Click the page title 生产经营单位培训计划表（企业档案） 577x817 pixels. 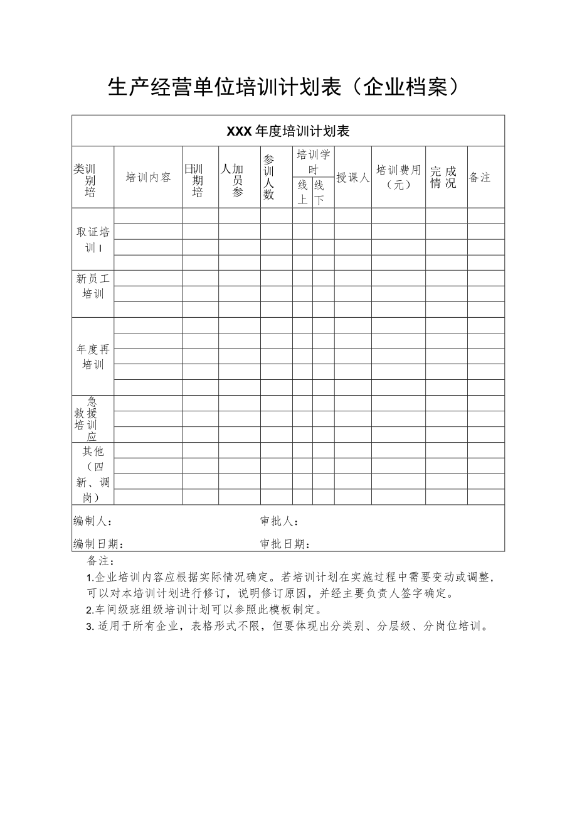(288, 87)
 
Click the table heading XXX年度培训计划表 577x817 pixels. (288, 131)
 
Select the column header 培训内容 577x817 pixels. (148, 178)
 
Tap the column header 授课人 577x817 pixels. (352, 178)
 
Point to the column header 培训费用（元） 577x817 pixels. (398, 178)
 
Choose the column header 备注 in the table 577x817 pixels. (480, 178)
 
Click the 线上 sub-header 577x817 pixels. (302, 192)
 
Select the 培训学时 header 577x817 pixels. (313, 162)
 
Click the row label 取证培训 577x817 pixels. (93, 240)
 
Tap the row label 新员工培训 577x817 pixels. (93, 286)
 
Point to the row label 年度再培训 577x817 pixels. (93, 357)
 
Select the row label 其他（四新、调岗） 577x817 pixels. (93, 474)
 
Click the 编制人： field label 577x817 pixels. (93, 521)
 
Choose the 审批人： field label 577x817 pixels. (279, 521)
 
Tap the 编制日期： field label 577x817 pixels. (98, 544)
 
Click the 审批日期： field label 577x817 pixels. (285, 544)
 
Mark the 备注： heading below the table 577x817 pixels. (101, 561)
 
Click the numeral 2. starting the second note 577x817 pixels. (90, 610)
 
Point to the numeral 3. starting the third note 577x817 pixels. (90, 626)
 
